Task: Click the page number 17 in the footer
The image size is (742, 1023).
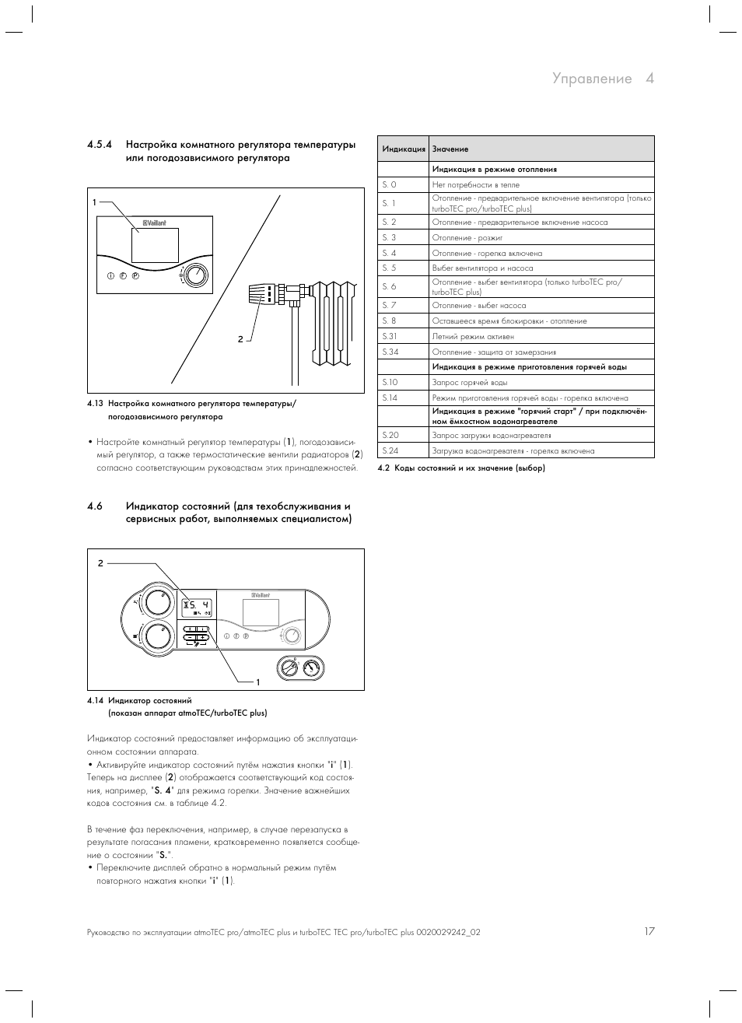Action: click(x=649, y=931)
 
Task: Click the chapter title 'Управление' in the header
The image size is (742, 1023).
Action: click(x=592, y=79)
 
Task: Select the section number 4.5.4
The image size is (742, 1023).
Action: click(x=100, y=145)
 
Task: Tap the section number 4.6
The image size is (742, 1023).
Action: click(x=95, y=506)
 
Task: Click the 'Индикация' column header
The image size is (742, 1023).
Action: click(x=404, y=149)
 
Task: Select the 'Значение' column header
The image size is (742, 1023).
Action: click(x=450, y=149)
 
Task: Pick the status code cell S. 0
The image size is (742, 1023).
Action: click(x=389, y=185)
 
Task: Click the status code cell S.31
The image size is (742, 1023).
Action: click(x=390, y=336)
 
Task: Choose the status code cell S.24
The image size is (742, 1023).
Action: click(x=390, y=450)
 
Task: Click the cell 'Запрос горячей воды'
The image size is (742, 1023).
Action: click(x=470, y=382)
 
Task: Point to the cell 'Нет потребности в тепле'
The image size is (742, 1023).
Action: click(x=476, y=185)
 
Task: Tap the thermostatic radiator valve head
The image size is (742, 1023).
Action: click(x=259, y=294)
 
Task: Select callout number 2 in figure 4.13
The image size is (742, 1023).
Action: click(x=241, y=338)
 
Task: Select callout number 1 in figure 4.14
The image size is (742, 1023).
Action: click(x=257, y=682)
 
